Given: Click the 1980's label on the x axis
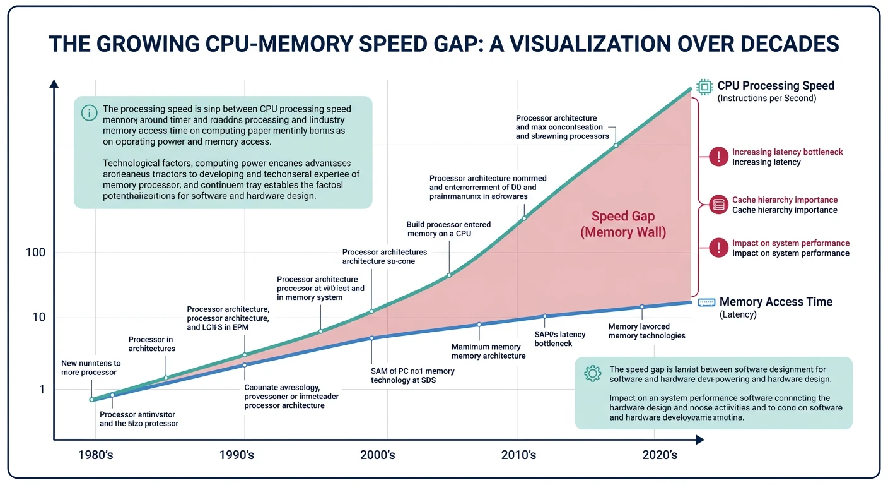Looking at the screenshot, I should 95,455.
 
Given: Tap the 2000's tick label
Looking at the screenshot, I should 378,455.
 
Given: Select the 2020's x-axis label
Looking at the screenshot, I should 659,455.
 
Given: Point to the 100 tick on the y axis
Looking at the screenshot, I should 35,253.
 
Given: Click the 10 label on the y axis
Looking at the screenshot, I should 38,317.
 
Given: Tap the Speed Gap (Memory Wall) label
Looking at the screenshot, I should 622,224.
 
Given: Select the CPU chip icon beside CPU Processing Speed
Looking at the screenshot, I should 703,87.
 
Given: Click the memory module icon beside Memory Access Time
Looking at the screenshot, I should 706,302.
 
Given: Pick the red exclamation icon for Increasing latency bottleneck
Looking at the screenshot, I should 718,157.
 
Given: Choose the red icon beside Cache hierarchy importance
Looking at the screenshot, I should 718,205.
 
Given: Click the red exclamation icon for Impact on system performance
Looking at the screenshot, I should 718,248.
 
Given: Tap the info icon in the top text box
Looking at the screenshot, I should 90,112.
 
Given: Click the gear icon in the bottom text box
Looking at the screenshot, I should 592,373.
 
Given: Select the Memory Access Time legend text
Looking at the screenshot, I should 776,302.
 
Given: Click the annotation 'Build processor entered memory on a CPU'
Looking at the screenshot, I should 448,229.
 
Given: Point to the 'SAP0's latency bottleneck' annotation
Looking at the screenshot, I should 559,338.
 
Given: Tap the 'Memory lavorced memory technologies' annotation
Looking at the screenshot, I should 646,331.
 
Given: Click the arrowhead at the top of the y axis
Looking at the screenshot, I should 54,83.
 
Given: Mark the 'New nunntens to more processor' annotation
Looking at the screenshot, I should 91,368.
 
